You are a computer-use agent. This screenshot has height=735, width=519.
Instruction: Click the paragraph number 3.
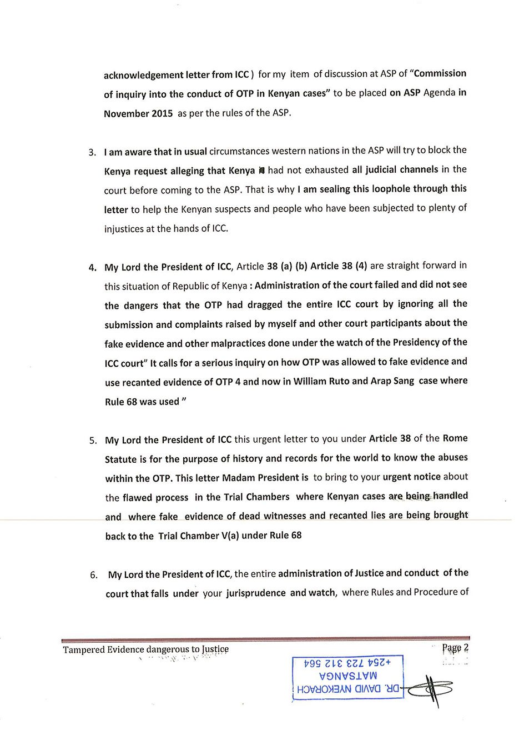[92, 152]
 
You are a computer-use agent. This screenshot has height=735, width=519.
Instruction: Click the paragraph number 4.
[92, 267]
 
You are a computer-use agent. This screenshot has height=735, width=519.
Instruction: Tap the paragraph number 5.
[93, 441]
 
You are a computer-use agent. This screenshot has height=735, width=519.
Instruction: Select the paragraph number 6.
[94, 575]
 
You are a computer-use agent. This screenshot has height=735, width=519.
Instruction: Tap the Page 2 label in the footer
[455, 648]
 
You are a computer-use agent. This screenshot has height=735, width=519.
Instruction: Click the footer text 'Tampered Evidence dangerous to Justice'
[145, 649]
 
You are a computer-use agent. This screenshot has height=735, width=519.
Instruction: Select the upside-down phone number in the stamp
[348, 663]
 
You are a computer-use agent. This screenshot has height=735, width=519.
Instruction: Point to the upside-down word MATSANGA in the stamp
[348, 676]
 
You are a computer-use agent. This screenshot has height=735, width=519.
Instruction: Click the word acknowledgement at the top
[143, 74]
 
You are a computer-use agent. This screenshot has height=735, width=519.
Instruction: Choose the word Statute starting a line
[120, 459]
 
